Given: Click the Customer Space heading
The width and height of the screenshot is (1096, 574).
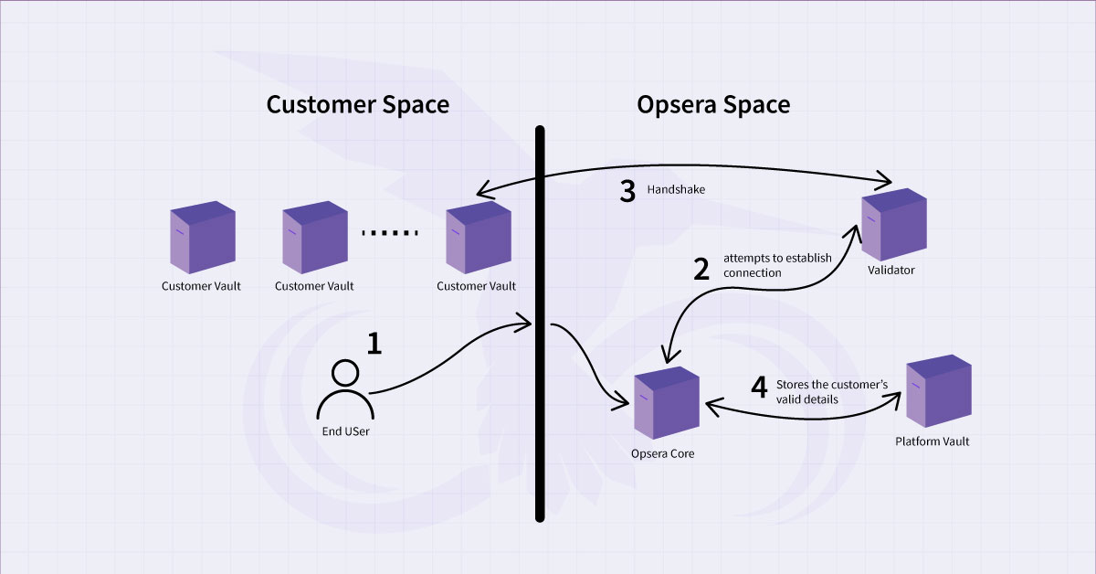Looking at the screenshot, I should pyautogui.click(x=357, y=104).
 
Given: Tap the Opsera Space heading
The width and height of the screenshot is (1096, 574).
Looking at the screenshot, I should pyautogui.click(x=713, y=104).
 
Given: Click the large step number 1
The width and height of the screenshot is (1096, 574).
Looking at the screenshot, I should pyautogui.click(x=374, y=343).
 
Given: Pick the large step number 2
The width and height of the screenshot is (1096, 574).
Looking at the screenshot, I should pyautogui.click(x=701, y=269).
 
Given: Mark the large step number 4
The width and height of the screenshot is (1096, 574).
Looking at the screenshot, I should pyautogui.click(x=759, y=388).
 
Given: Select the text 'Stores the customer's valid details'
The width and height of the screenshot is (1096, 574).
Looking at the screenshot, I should pyautogui.click(x=831, y=392).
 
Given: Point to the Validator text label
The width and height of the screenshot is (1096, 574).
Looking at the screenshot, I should pyautogui.click(x=891, y=271).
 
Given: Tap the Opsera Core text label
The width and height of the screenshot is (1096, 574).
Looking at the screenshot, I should pyautogui.click(x=663, y=453).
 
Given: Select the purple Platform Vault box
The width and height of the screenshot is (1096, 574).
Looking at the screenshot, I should pyautogui.click(x=938, y=394).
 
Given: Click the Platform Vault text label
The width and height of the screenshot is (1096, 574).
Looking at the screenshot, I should pyautogui.click(x=933, y=441).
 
